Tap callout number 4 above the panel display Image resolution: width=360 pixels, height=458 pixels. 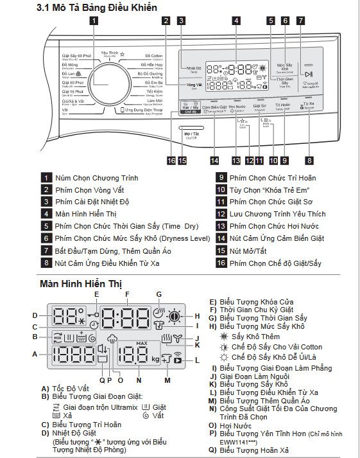[236, 21]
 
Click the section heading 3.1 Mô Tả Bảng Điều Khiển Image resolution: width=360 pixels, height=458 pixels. [87, 7]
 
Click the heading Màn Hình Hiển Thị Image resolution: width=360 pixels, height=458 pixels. [81, 283]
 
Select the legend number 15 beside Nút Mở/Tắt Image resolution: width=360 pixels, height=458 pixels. [221, 251]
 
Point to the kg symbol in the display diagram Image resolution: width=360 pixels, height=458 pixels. [156, 358]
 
